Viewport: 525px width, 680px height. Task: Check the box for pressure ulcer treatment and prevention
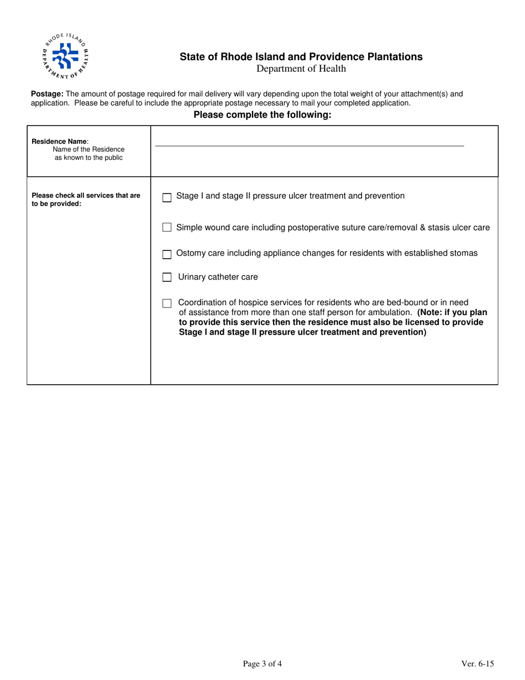click(x=167, y=198)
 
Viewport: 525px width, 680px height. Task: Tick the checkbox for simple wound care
click(x=167, y=227)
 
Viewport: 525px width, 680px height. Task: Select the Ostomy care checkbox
click(x=167, y=254)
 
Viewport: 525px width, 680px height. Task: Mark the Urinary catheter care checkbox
click(x=167, y=278)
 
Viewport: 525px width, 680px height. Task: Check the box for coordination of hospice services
click(x=167, y=303)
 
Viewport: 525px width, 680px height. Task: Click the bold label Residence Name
click(x=59, y=141)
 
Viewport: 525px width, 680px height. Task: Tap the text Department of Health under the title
click(x=301, y=69)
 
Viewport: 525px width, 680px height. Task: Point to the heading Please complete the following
click(x=262, y=115)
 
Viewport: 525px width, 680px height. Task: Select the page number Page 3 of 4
click(x=262, y=664)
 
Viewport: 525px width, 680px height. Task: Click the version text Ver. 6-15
click(x=477, y=664)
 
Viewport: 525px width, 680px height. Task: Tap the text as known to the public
click(x=88, y=158)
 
